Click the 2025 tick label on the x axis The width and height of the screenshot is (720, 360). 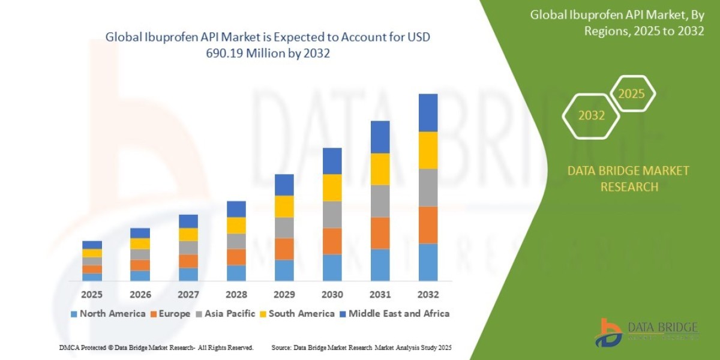tap(92, 295)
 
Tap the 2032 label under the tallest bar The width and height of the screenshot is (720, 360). tap(428, 295)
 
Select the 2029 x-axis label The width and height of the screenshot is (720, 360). tap(284, 295)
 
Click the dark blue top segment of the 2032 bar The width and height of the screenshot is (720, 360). tap(428, 112)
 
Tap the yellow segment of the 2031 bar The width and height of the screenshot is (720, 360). tap(380, 169)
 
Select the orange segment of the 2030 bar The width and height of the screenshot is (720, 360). tap(332, 241)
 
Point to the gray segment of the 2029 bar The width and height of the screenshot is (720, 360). tap(284, 227)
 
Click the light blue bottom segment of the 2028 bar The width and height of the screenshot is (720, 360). tap(236, 273)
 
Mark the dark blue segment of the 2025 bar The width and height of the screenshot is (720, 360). tap(92, 244)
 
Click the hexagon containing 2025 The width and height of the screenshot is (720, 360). tap(631, 94)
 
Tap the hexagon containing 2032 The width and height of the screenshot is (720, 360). tap(591, 116)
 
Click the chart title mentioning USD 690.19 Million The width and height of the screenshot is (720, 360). tap(268, 45)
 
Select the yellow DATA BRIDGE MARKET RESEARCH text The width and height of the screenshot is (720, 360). tap(628, 179)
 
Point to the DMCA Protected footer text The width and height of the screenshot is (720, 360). tap(156, 347)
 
